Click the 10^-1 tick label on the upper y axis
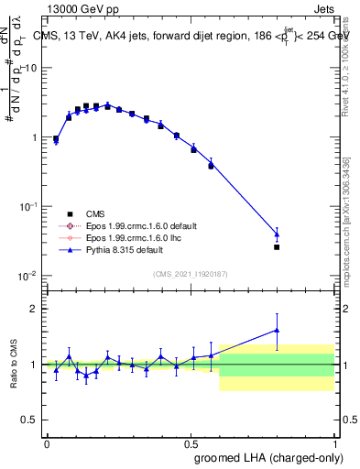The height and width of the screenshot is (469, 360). tap(25, 207)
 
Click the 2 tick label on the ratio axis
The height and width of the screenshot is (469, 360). tap(33, 309)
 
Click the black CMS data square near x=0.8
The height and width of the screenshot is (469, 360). tap(277, 246)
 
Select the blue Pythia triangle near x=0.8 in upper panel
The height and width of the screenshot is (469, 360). tap(277, 234)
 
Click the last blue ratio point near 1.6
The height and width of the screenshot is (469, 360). tap(277, 330)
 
